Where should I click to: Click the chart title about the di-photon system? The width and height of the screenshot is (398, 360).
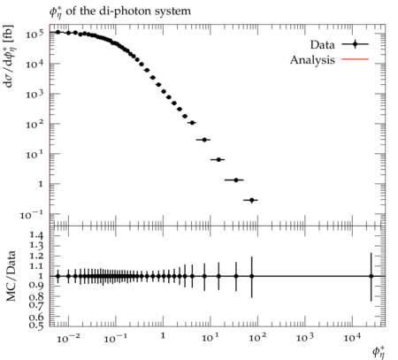[120, 11]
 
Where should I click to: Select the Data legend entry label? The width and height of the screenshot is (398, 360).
[323, 45]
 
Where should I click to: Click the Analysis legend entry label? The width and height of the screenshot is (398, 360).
[312, 60]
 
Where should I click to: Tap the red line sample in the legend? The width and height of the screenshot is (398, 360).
[356, 59]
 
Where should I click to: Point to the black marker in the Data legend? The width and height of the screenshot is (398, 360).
[356, 44]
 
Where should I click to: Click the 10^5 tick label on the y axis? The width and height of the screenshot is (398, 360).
[34, 34]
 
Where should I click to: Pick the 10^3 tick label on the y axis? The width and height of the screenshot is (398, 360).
[34, 95]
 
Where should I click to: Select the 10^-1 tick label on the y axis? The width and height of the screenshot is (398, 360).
[32, 215]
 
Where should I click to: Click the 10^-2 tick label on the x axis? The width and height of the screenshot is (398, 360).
[68, 338]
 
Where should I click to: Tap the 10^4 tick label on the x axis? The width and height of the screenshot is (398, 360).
[352, 338]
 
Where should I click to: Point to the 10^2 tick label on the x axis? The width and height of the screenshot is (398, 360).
[257, 338]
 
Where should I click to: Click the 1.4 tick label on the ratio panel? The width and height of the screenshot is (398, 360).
[36, 235]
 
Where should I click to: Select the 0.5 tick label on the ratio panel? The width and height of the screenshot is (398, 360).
[36, 325]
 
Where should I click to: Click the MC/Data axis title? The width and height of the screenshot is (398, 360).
[11, 276]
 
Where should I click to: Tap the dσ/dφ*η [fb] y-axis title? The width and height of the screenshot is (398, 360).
[9, 56]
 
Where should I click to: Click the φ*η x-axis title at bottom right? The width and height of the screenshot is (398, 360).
[379, 351]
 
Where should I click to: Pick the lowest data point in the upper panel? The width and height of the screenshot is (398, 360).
[251, 200]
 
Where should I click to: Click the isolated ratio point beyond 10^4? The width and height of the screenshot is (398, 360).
[371, 276]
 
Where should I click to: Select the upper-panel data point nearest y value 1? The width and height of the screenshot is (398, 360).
[236, 180]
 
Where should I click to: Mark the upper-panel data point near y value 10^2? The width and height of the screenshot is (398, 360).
[192, 123]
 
